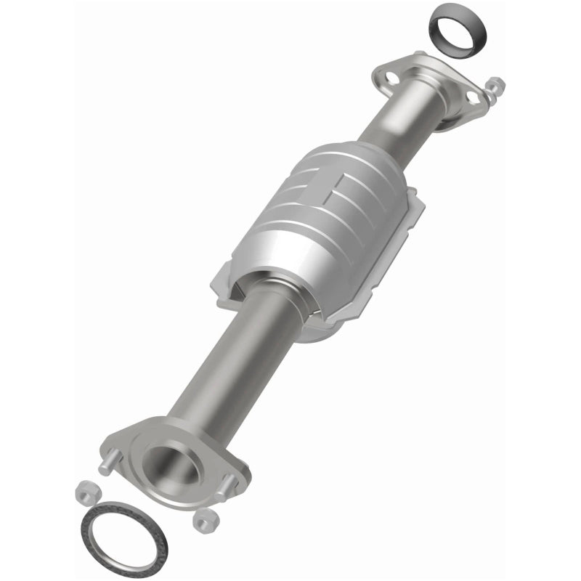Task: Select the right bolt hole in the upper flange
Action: (473, 95)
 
